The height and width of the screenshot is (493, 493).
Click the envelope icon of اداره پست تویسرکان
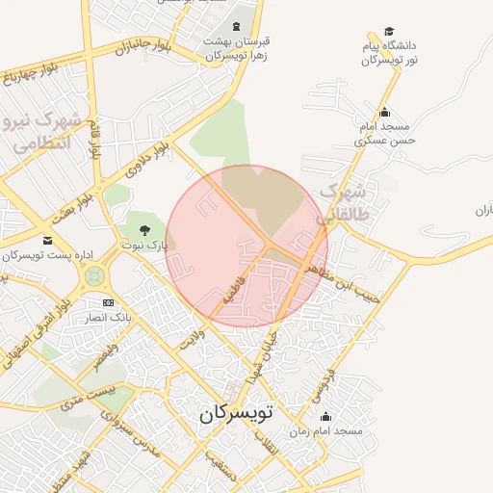(48, 240)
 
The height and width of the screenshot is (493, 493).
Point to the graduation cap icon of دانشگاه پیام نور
(389, 32)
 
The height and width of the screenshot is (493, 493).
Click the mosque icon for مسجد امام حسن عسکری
(384, 112)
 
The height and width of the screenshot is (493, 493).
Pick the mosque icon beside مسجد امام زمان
(325, 417)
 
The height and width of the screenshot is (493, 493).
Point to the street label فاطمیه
(237, 288)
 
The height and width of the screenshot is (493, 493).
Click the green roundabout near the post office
(94, 276)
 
